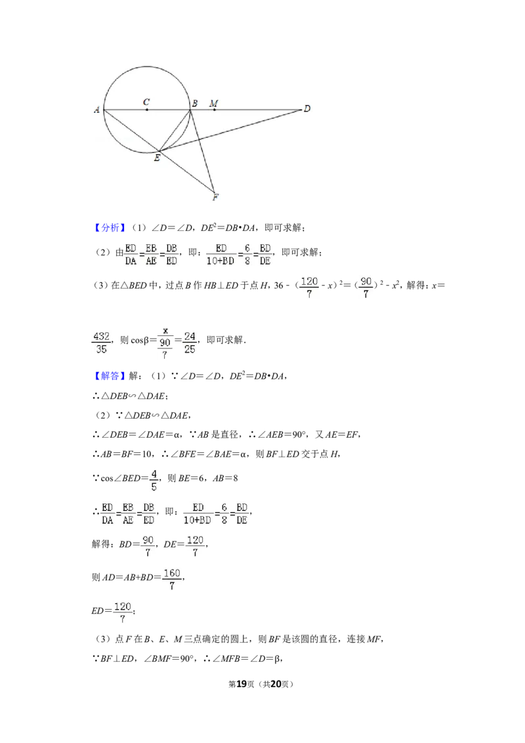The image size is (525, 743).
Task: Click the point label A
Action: [x=96, y=110]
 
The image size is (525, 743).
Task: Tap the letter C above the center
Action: [x=146, y=102]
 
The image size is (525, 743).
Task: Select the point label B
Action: [x=195, y=102]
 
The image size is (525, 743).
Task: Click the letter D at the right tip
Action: [x=306, y=108]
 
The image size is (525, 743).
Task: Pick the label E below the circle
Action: [x=156, y=158]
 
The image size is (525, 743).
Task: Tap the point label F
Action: [x=215, y=196]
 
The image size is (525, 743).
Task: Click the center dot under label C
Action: [x=146, y=110]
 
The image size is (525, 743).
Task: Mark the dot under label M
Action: [x=214, y=110]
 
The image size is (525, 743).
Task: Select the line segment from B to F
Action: [x=202, y=151]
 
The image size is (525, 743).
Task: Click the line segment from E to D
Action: [x=230, y=131]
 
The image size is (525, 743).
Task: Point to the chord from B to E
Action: [x=175, y=130]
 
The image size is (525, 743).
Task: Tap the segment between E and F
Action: [x=187, y=173]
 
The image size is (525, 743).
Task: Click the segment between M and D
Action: [x=259, y=110]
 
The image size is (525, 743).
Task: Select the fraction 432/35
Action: [x=102, y=343]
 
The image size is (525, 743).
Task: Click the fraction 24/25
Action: [x=190, y=343]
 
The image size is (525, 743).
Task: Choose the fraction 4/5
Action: [x=153, y=480]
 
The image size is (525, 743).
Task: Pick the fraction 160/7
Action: [x=171, y=580]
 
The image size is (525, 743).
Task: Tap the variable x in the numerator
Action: [x=165, y=329]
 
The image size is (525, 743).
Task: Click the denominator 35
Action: [x=102, y=350]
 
